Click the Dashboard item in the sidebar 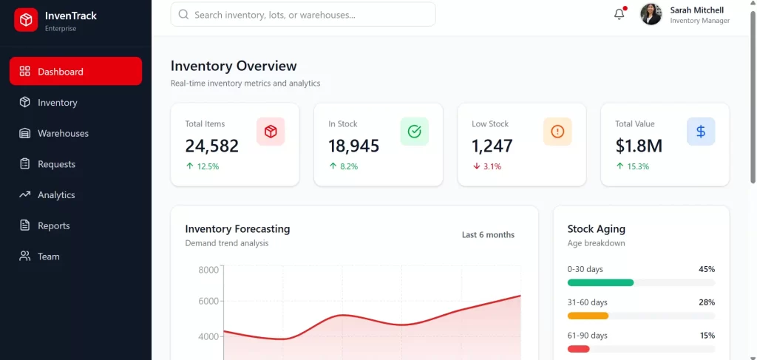[x=75, y=72]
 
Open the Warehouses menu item [x=63, y=134]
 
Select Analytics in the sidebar [x=56, y=195]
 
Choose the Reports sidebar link [x=53, y=226]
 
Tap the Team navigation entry [x=48, y=257]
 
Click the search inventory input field [x=303, y=15]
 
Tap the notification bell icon [x=619, y=14]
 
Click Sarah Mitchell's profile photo [x=651, y=14]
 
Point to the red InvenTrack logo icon [x=26, y=20]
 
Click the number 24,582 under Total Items [x=212, y=146]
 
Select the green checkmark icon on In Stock [x=414, y=132]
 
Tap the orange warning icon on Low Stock [x=557, y=132]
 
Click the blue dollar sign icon [x=701, y=132]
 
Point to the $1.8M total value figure [x=639, y=146]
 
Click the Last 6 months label [x=488, y=235]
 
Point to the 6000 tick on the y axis [x=208, y=302]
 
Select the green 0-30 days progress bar [x=600, y=282]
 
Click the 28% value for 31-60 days [x=707, y=302]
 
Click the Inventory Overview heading [x=234, y=67]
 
